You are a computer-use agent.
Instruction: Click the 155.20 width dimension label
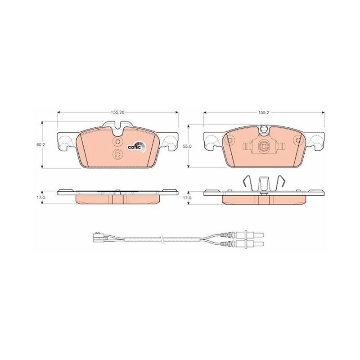(117, 112)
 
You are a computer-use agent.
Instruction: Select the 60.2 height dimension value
(40, 145)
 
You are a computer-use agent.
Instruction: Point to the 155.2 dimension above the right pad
(264, 112)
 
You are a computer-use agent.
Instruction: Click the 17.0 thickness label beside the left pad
(40, 198)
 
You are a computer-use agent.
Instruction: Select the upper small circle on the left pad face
(117, 141)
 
